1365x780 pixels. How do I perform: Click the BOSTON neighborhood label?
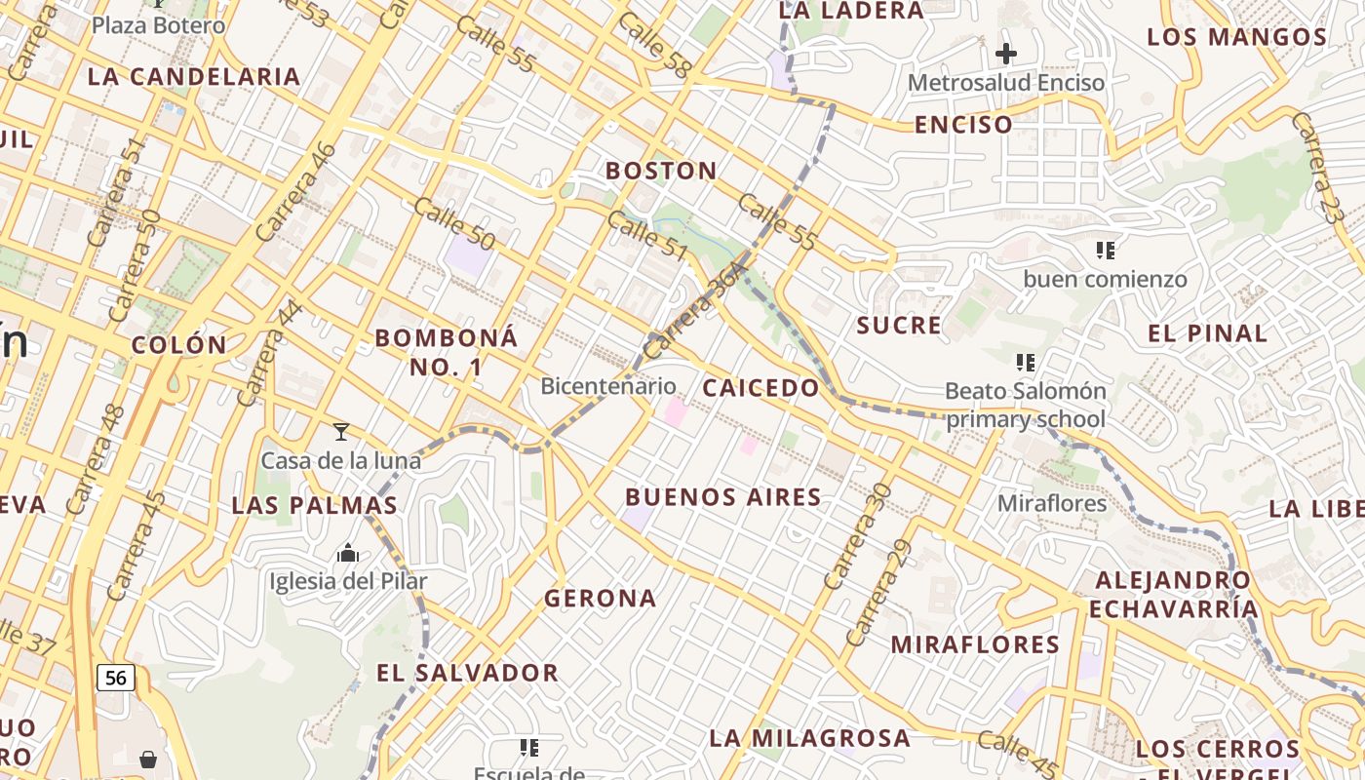(x=661, y=171)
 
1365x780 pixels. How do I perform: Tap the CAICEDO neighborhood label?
(x=761, y=388)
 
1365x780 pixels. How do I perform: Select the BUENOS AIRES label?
(x=723, y=497)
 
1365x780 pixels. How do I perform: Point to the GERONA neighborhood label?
(x=601, y=598)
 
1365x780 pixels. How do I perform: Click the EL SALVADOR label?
(x=468, y=673)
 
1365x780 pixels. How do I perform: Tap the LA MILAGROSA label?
(x=810, y=737)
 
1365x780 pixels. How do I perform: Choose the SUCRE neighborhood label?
(x=900, y=326)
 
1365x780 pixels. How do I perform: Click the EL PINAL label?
(x=1208, y=333)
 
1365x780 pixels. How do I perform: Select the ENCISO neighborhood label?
(x=963, y=125)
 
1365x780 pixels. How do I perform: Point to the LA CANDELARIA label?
(x=194, y=76)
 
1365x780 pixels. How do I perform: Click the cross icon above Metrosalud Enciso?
(x=1006, y=53)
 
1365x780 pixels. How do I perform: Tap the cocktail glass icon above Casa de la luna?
(x=340, y=431)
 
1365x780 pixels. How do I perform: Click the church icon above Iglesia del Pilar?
(x=348, y=554)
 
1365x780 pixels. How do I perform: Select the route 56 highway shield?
(x=115, y=677)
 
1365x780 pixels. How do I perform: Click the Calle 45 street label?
(x=1016, y=752)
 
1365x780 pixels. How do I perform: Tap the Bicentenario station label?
(x=608, y=386)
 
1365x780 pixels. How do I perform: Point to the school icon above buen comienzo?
(x=1105, y=251)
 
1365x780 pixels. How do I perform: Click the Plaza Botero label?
(x=158, y=24)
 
